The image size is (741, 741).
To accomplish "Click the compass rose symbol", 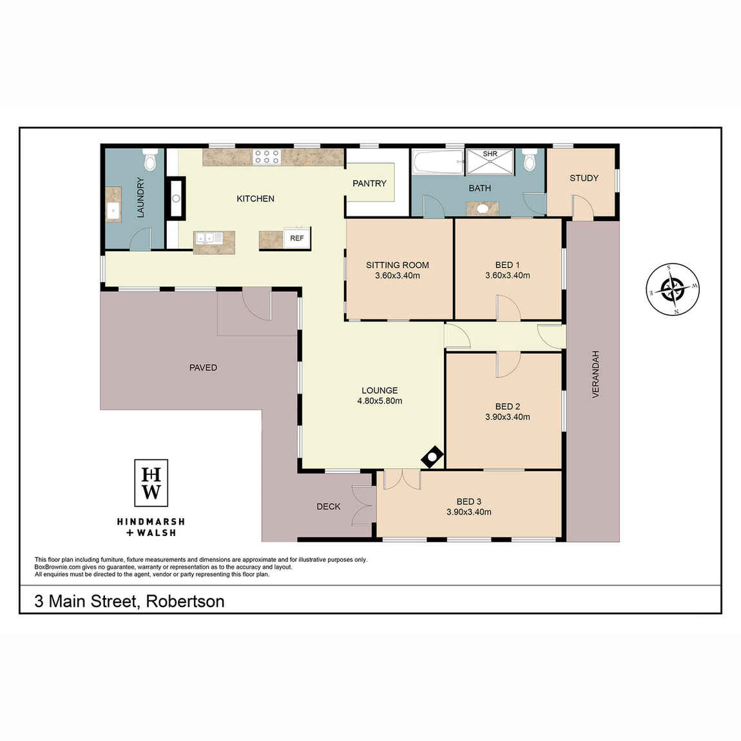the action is click(673, 289).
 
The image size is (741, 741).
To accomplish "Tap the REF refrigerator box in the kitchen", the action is click(297, 238).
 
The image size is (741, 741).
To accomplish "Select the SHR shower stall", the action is click(490, 162).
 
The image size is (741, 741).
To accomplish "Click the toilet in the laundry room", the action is click(149, 159).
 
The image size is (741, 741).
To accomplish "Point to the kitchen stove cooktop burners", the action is click(267, 157).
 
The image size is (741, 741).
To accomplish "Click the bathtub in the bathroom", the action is click(438, 162).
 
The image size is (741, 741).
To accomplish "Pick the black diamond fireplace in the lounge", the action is click(432, 457).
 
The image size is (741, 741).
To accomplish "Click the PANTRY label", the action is click(370, 184).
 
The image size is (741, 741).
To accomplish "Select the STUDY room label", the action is click(584, 178).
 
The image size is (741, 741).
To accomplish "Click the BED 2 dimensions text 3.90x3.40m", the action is click(508, 417).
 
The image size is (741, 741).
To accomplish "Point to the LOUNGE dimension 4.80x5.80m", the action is click(380, 401).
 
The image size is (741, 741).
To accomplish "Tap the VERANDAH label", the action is click(595, 374).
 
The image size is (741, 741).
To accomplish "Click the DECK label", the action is click(329, 506).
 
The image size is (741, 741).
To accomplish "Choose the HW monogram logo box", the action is click(151, 483).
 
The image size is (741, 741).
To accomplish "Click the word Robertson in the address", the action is click(186, 601).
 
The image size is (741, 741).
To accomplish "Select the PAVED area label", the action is click(203, 368).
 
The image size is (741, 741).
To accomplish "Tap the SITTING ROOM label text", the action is click(398, 265).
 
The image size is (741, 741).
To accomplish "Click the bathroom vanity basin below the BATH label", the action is click(483, 208).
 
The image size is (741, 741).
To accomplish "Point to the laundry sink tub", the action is click(113, 211).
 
